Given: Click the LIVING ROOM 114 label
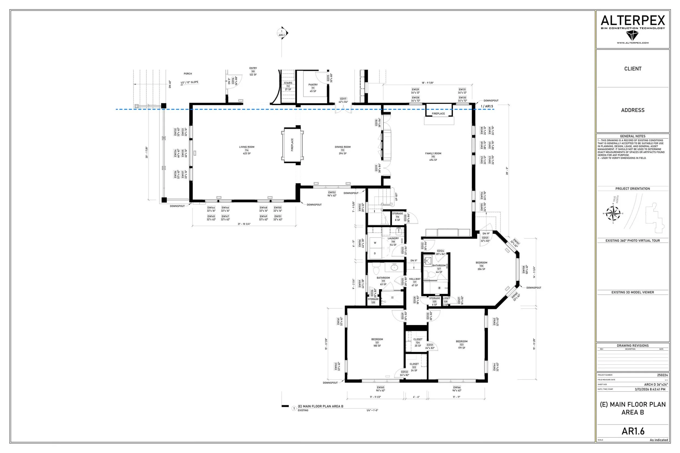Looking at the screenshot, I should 247,150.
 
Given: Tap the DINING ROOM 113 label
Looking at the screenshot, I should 343,150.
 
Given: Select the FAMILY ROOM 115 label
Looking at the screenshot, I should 433,156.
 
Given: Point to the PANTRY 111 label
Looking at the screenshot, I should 313,88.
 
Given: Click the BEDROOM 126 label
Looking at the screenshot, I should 481,266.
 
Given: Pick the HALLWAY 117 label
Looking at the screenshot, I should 415,282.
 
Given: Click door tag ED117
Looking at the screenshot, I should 343,99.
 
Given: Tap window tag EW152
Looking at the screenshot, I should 332,192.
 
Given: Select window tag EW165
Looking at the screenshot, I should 381,388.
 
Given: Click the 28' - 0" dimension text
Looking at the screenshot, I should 507,171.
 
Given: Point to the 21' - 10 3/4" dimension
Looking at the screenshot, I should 244,224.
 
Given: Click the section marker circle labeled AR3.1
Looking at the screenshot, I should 282,33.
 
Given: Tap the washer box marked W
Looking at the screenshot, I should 375,243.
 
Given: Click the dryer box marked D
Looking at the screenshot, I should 375,253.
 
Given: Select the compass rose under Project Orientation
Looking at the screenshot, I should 613,214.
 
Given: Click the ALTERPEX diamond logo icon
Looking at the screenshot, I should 632,36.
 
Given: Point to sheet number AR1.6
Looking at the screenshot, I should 633,431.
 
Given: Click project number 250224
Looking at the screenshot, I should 662,375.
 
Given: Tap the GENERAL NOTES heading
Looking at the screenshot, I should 633,136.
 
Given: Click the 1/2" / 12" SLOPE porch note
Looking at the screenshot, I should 189,82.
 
